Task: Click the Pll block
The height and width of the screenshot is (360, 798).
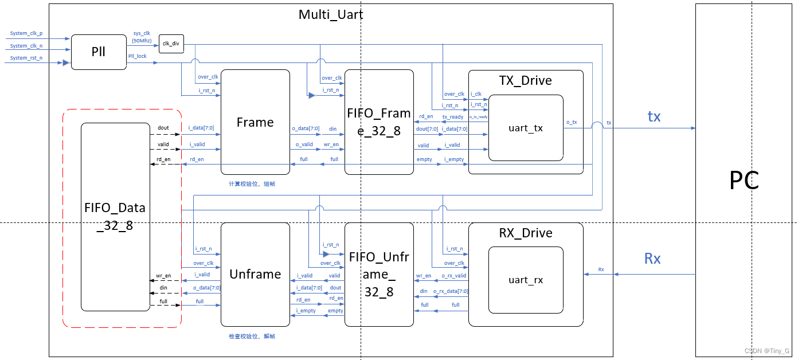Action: (98, 52)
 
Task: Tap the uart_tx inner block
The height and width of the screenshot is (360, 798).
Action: (526, 128)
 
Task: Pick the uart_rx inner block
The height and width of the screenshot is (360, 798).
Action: (526, 280)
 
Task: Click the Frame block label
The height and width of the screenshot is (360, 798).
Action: (255, 122)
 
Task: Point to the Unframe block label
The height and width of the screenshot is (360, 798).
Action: (255, 274)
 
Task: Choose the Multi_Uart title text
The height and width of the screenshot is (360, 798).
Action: (331, 14)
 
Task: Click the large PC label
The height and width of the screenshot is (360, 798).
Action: (744, 181)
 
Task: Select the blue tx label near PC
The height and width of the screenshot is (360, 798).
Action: (654, 117)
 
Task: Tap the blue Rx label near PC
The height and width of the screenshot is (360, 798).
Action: (652, 259)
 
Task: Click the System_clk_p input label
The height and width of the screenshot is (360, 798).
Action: (26, 34)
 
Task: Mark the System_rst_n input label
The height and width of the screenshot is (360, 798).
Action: (26, 58)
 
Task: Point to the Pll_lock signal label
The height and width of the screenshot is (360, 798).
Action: (137, 56)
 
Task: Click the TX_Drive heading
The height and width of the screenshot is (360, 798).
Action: (525, 80)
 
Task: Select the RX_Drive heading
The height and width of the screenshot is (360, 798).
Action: (525, 233)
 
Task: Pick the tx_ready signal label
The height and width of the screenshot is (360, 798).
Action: (453, 117)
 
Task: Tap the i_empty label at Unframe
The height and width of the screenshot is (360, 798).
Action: (306, 311)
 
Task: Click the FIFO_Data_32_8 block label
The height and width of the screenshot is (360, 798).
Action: (115, 216)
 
